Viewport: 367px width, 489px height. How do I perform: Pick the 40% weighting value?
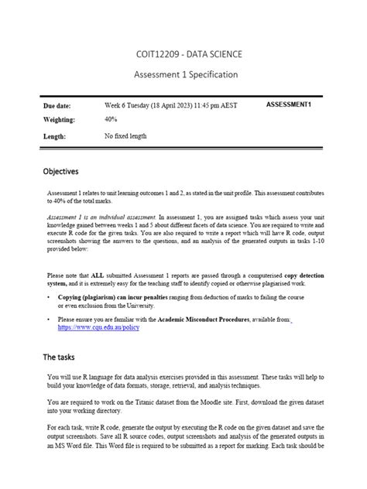pyautogui.click(x=111, y=120)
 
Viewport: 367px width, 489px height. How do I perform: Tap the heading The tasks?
pyautogui.click(x=58, y=357)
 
